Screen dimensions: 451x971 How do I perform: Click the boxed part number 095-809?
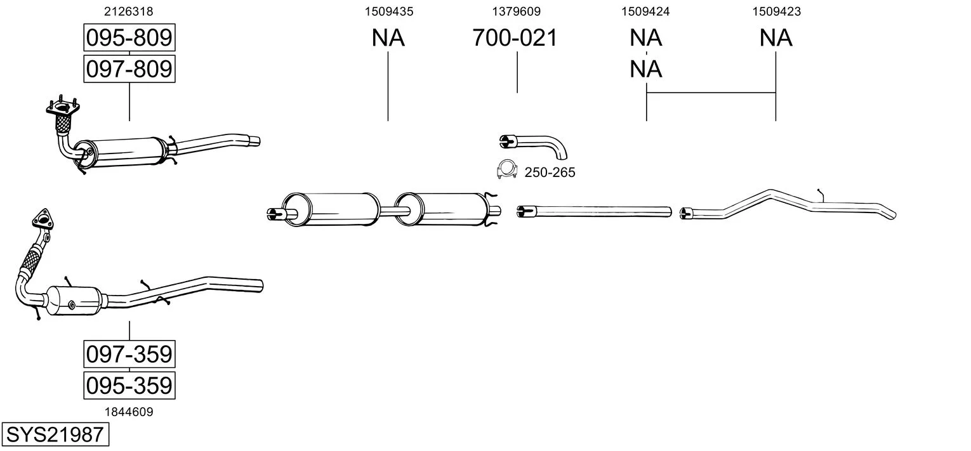(x=129, y=38)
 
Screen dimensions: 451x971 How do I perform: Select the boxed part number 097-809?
(x=129, y=69)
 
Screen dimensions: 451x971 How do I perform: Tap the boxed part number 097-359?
(x=129, y=354)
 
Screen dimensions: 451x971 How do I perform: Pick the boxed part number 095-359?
(x=129, y=385)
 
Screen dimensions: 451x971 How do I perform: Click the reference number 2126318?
(x=129, y=11)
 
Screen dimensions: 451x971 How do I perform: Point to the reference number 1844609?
(x=129, y=412)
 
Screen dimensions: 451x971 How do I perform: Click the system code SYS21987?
(x=54, y=435)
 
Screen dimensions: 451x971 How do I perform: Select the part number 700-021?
(x=515, y=38)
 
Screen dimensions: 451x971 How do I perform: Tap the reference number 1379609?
(x=517, y=11)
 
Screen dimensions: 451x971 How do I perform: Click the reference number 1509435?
(x=388, y=11)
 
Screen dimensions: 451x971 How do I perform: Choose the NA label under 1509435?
(x=388, y=38)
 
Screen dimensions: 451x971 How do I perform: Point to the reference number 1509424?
(x=645, y=11)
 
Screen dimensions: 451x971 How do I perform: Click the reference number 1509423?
(x=776, y=11)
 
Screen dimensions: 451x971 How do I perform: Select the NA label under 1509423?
(x=776, y=38)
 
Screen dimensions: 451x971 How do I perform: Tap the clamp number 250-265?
(x=550, y=173)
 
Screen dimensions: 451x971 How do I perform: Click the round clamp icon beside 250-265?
(x=506, y=169)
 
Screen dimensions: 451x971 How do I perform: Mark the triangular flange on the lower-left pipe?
(x=42, y=218)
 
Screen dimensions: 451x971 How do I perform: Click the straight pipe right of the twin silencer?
(x=595, y=211)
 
